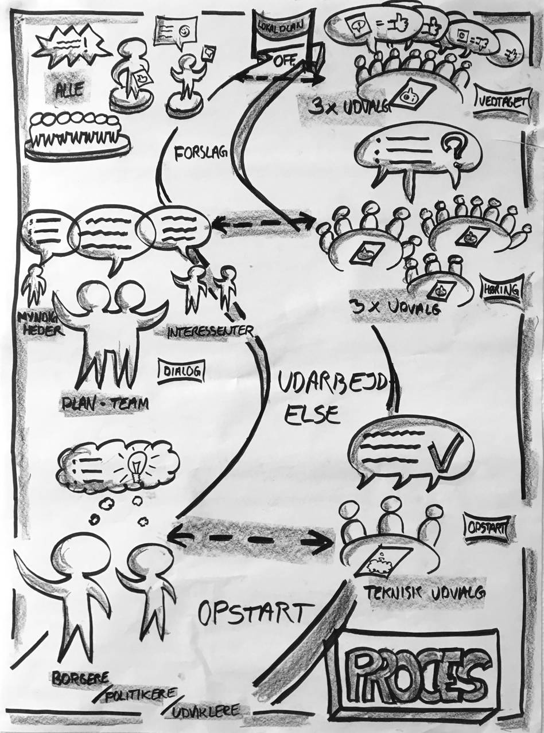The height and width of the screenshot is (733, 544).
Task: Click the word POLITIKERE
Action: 138,693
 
